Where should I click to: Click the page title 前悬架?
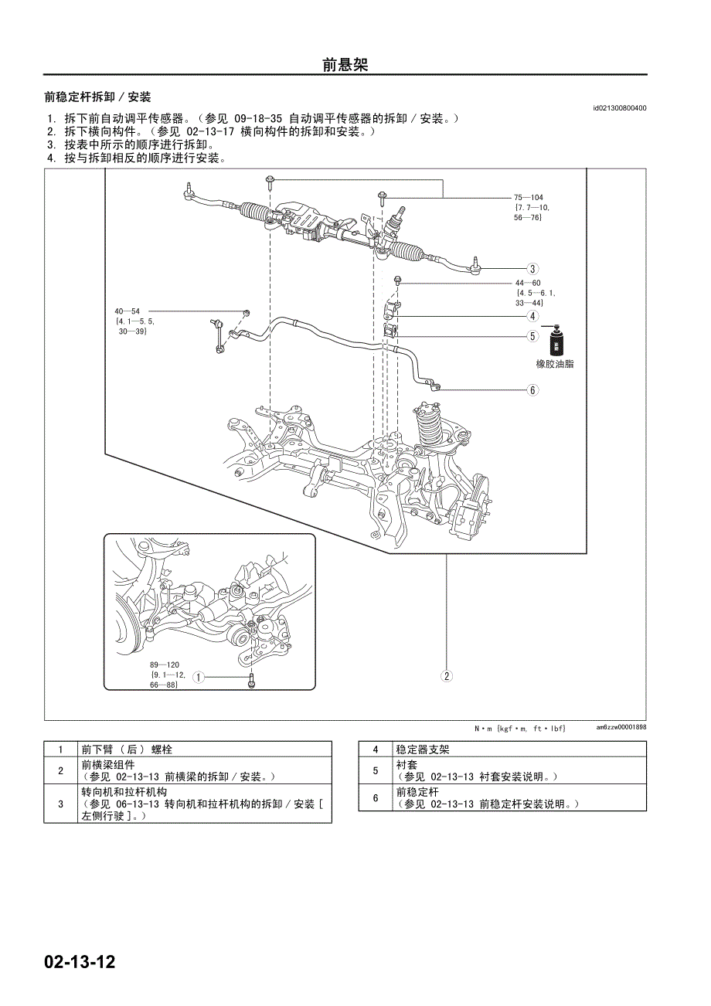(345, 65)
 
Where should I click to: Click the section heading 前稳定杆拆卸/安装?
(97, 97)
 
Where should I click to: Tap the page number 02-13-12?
(80, 963)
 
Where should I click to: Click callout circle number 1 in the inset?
(198, 678)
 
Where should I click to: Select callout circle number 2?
(447, 676)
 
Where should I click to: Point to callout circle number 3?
(532, 269)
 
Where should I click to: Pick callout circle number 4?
(532, 316)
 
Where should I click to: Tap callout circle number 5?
(532, 336)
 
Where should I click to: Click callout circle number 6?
(532, 390)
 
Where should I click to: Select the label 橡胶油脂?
(555, 364)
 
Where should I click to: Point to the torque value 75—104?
(529, 198)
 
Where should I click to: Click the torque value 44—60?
(529, 283)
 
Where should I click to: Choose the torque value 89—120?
(164, 664)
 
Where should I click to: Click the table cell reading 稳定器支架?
(422, 749)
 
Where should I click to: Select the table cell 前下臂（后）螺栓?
(127, 749)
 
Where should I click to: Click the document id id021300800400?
(620, 109)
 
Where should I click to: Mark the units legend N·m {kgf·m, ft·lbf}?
(520, 728)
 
